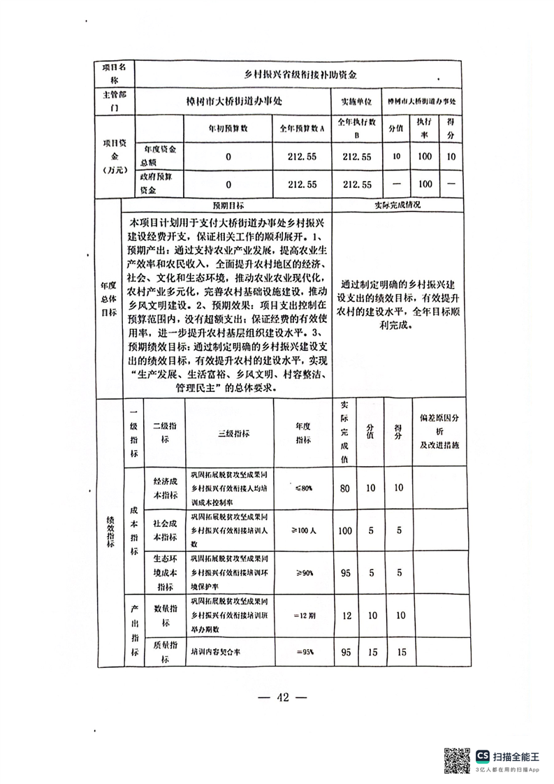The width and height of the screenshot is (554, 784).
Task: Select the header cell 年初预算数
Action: coord(228,128)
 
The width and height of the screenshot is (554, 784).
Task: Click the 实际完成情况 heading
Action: coord(397,206)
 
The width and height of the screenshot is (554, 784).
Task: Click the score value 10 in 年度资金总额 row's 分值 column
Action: coord(396,156)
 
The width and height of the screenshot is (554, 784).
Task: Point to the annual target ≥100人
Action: coord(304,531)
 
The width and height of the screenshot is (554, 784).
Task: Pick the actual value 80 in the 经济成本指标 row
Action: coord(344,488)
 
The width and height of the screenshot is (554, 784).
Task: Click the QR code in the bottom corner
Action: coord(458,760)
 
